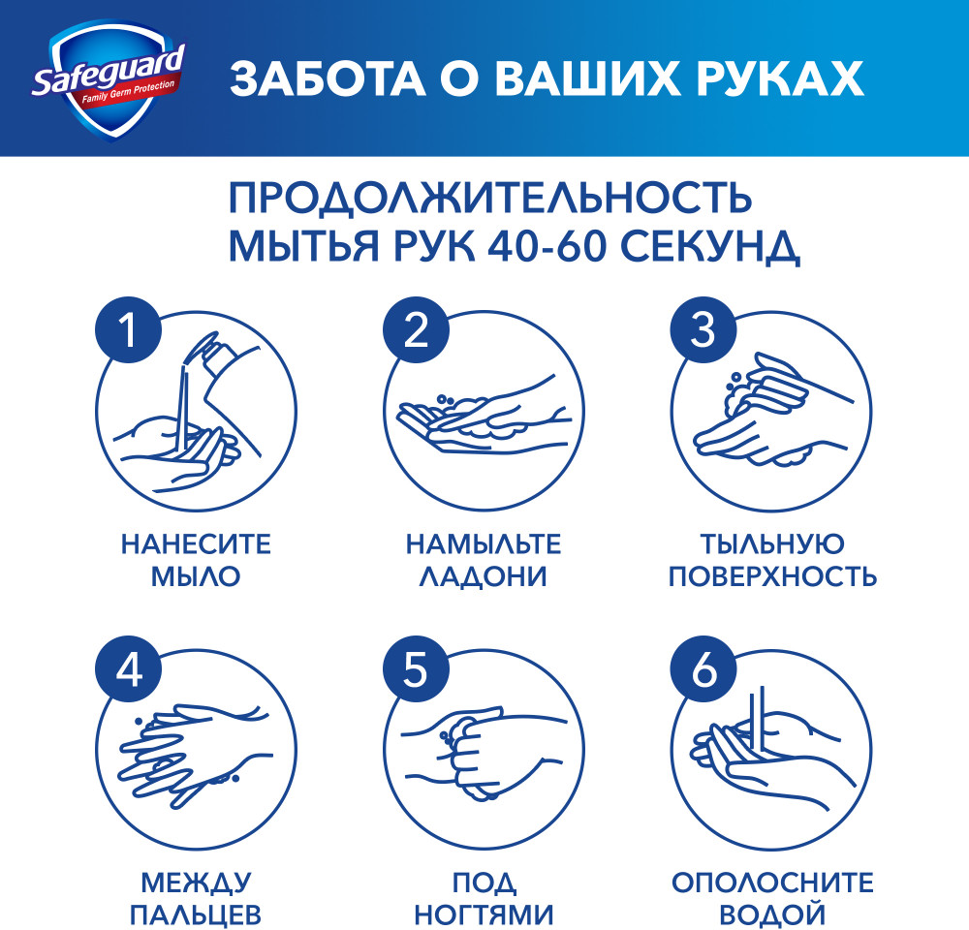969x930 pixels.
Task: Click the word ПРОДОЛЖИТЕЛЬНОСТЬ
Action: tap(490, 198)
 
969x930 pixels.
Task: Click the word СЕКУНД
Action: tap(710, 247)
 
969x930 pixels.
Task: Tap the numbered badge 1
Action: tap(129, 330)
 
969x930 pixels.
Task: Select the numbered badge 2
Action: tap(416, 330)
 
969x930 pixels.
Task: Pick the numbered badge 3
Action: tap(703, 330)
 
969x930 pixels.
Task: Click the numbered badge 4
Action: tap(129, 669)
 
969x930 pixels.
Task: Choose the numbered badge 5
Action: tap(416, 669)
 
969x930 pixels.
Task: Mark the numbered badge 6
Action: tap(703, 669)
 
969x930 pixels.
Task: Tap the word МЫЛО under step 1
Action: tap(196, 576)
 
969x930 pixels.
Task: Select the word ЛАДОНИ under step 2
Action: tap(484, 576)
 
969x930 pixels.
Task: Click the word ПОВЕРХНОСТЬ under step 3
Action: tap(772, 576)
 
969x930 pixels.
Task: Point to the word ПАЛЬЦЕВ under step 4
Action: tap(196, 914)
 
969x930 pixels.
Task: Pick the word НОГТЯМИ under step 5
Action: tap(484, 914)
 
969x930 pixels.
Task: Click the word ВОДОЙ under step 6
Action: tap(772, 914)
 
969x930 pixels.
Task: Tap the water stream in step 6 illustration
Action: tap(759, 719)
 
